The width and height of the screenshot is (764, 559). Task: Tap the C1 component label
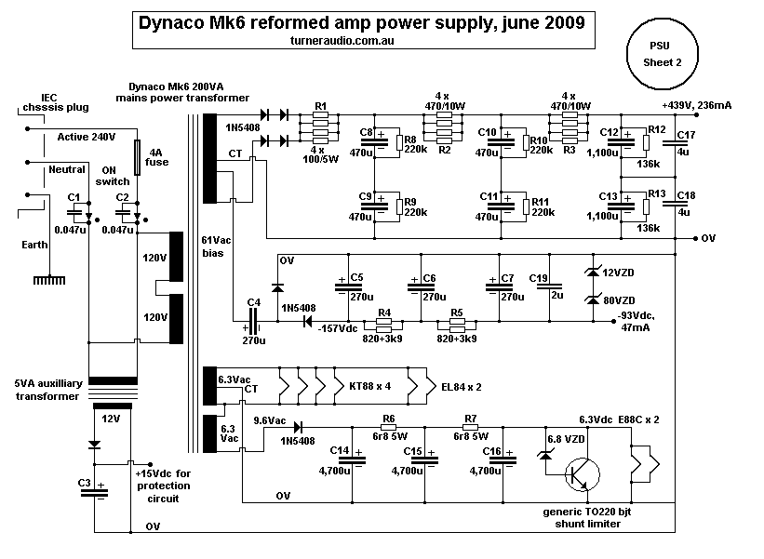(x=74, y=197)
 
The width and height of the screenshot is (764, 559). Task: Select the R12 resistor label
(x=656, y=129)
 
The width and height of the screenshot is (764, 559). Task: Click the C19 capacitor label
(x=538, y=277)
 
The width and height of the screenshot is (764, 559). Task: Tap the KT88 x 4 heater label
(x=371, y=383)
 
